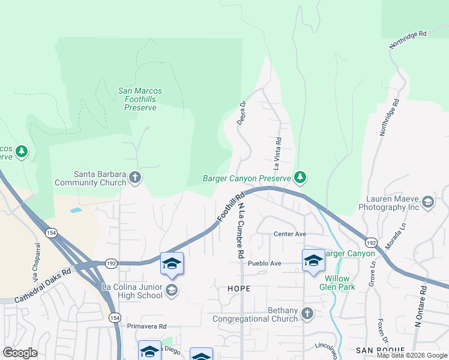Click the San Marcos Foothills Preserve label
click(140, 99)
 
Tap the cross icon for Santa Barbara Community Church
click(136, 178)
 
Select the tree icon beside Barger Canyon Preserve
click(300, 178)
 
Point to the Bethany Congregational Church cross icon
click(307, 313)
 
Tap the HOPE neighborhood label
click(238, 289)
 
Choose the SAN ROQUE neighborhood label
click(378, 350)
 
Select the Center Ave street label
click(290, 234)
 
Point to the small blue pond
click(76, 211)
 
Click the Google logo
click(20, 353)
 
